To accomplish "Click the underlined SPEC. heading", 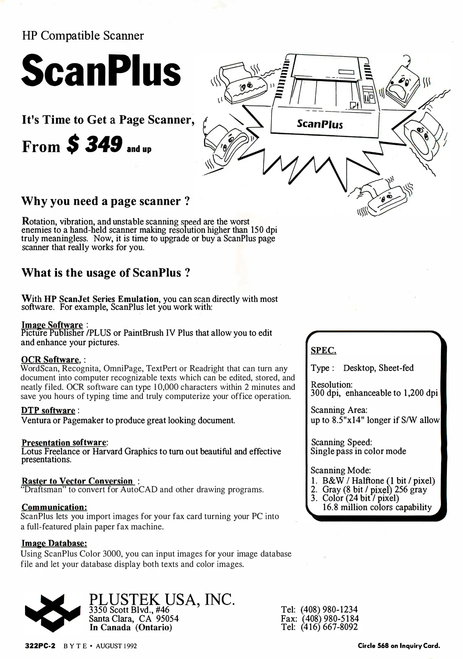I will [324, 351].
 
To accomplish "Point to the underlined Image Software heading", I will [52, 325].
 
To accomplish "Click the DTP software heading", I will [48, 410].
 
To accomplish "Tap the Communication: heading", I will [54, 507].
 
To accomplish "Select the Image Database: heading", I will [54, 543].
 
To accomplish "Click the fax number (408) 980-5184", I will [330, 618].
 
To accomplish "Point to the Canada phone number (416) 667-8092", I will [329, 627].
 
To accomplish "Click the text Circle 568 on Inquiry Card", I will [399, 646].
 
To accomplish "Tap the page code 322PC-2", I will [40, 646].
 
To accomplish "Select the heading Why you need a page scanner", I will [106, 201].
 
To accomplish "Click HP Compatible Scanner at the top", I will [83, 36].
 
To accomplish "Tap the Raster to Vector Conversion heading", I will [78, 481].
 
